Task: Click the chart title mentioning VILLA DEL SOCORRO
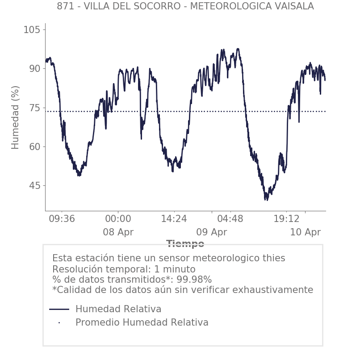pos(185,6)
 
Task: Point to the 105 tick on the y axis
pos(32,30)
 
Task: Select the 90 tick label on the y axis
pos(34,69)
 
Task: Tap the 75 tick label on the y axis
pos(34,108)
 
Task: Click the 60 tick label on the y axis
pos(34,147)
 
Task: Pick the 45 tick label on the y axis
pos(34,185)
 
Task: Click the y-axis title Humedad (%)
pos(16,117)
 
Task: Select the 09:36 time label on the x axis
pos(62,219)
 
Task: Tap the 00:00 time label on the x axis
pos(118,219)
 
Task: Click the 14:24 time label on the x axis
pos(174,219)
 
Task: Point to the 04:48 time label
pos(230,219)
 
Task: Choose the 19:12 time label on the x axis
pos(286,219)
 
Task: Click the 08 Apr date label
pos(118,232)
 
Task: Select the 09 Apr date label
pos(211,232)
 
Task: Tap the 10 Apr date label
pos(305,232)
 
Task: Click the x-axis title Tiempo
pos(185,244)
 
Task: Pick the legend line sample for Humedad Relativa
pos(59,309)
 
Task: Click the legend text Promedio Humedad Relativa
pos(142,322)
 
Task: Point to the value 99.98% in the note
pos(193,280)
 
